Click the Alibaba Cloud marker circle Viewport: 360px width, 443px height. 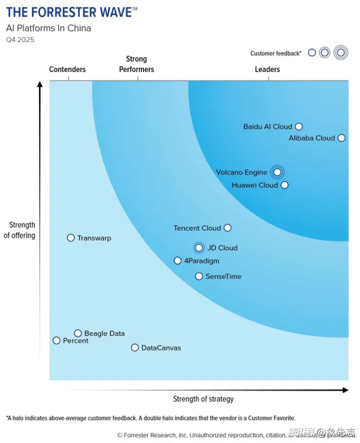click(341, 138)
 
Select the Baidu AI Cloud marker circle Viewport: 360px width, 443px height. click(299, 127)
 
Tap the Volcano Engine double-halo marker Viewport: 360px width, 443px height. click(278, 172)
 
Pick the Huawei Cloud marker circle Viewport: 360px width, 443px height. click(284, 185)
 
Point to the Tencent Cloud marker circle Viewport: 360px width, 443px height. click(227, 228)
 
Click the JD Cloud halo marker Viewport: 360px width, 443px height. click(199, 248)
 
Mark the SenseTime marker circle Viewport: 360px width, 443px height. click(199, 277)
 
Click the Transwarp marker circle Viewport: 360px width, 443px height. click(71, 238)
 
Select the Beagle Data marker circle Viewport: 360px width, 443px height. click(78, 333)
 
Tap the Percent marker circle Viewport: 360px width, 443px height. click(57, 341)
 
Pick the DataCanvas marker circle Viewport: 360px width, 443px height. click(135, 348)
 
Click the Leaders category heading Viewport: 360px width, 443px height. click(268, 69)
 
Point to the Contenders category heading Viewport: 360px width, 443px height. click(67, 69)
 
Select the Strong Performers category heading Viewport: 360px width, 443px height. click(137, 64)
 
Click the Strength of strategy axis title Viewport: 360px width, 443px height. click(203, 399)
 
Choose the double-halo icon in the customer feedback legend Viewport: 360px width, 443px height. click(341, 52)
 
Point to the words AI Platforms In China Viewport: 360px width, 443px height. click(49, 28)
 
